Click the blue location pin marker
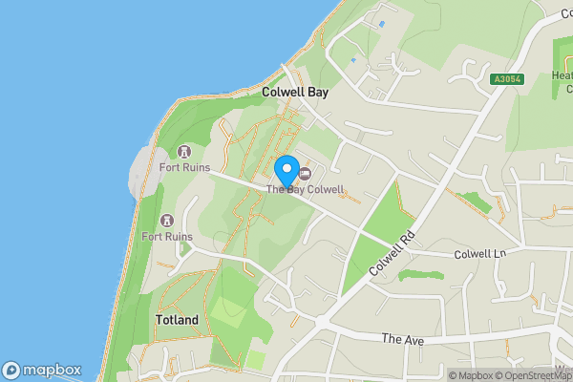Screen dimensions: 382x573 (286, 171)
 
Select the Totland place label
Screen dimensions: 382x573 (177, 320)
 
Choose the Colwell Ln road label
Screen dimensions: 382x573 (479, 254)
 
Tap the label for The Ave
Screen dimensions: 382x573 (401, 338)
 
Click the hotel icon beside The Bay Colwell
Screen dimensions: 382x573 (306, 174)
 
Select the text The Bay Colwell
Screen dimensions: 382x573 (305, 189)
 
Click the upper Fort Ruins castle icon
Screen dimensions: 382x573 (183, 153)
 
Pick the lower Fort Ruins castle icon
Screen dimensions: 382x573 (168, 221)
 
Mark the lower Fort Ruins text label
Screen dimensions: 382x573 (168, 236)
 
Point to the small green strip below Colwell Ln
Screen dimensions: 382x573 (420, 275)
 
